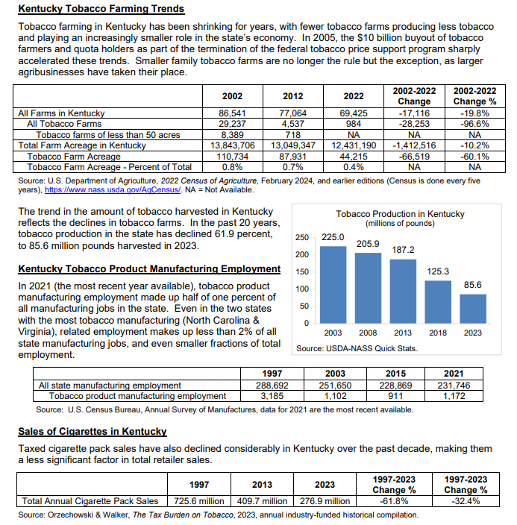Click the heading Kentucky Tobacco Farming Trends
pos(100,9)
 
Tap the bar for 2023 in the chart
pos(471,308)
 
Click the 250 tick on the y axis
pos(301,238)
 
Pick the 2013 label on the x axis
pos(402,333)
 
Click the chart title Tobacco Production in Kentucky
pos(400,214)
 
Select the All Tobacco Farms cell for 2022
pos(353,124)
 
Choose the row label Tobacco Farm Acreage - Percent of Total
pos(109,167)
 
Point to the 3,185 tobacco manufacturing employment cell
pos(272,396)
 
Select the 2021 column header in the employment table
pos(453,374)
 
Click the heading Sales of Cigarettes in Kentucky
pos(92,432)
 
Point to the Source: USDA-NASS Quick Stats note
pos(357,348)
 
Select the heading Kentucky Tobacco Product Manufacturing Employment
pos(148,268)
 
